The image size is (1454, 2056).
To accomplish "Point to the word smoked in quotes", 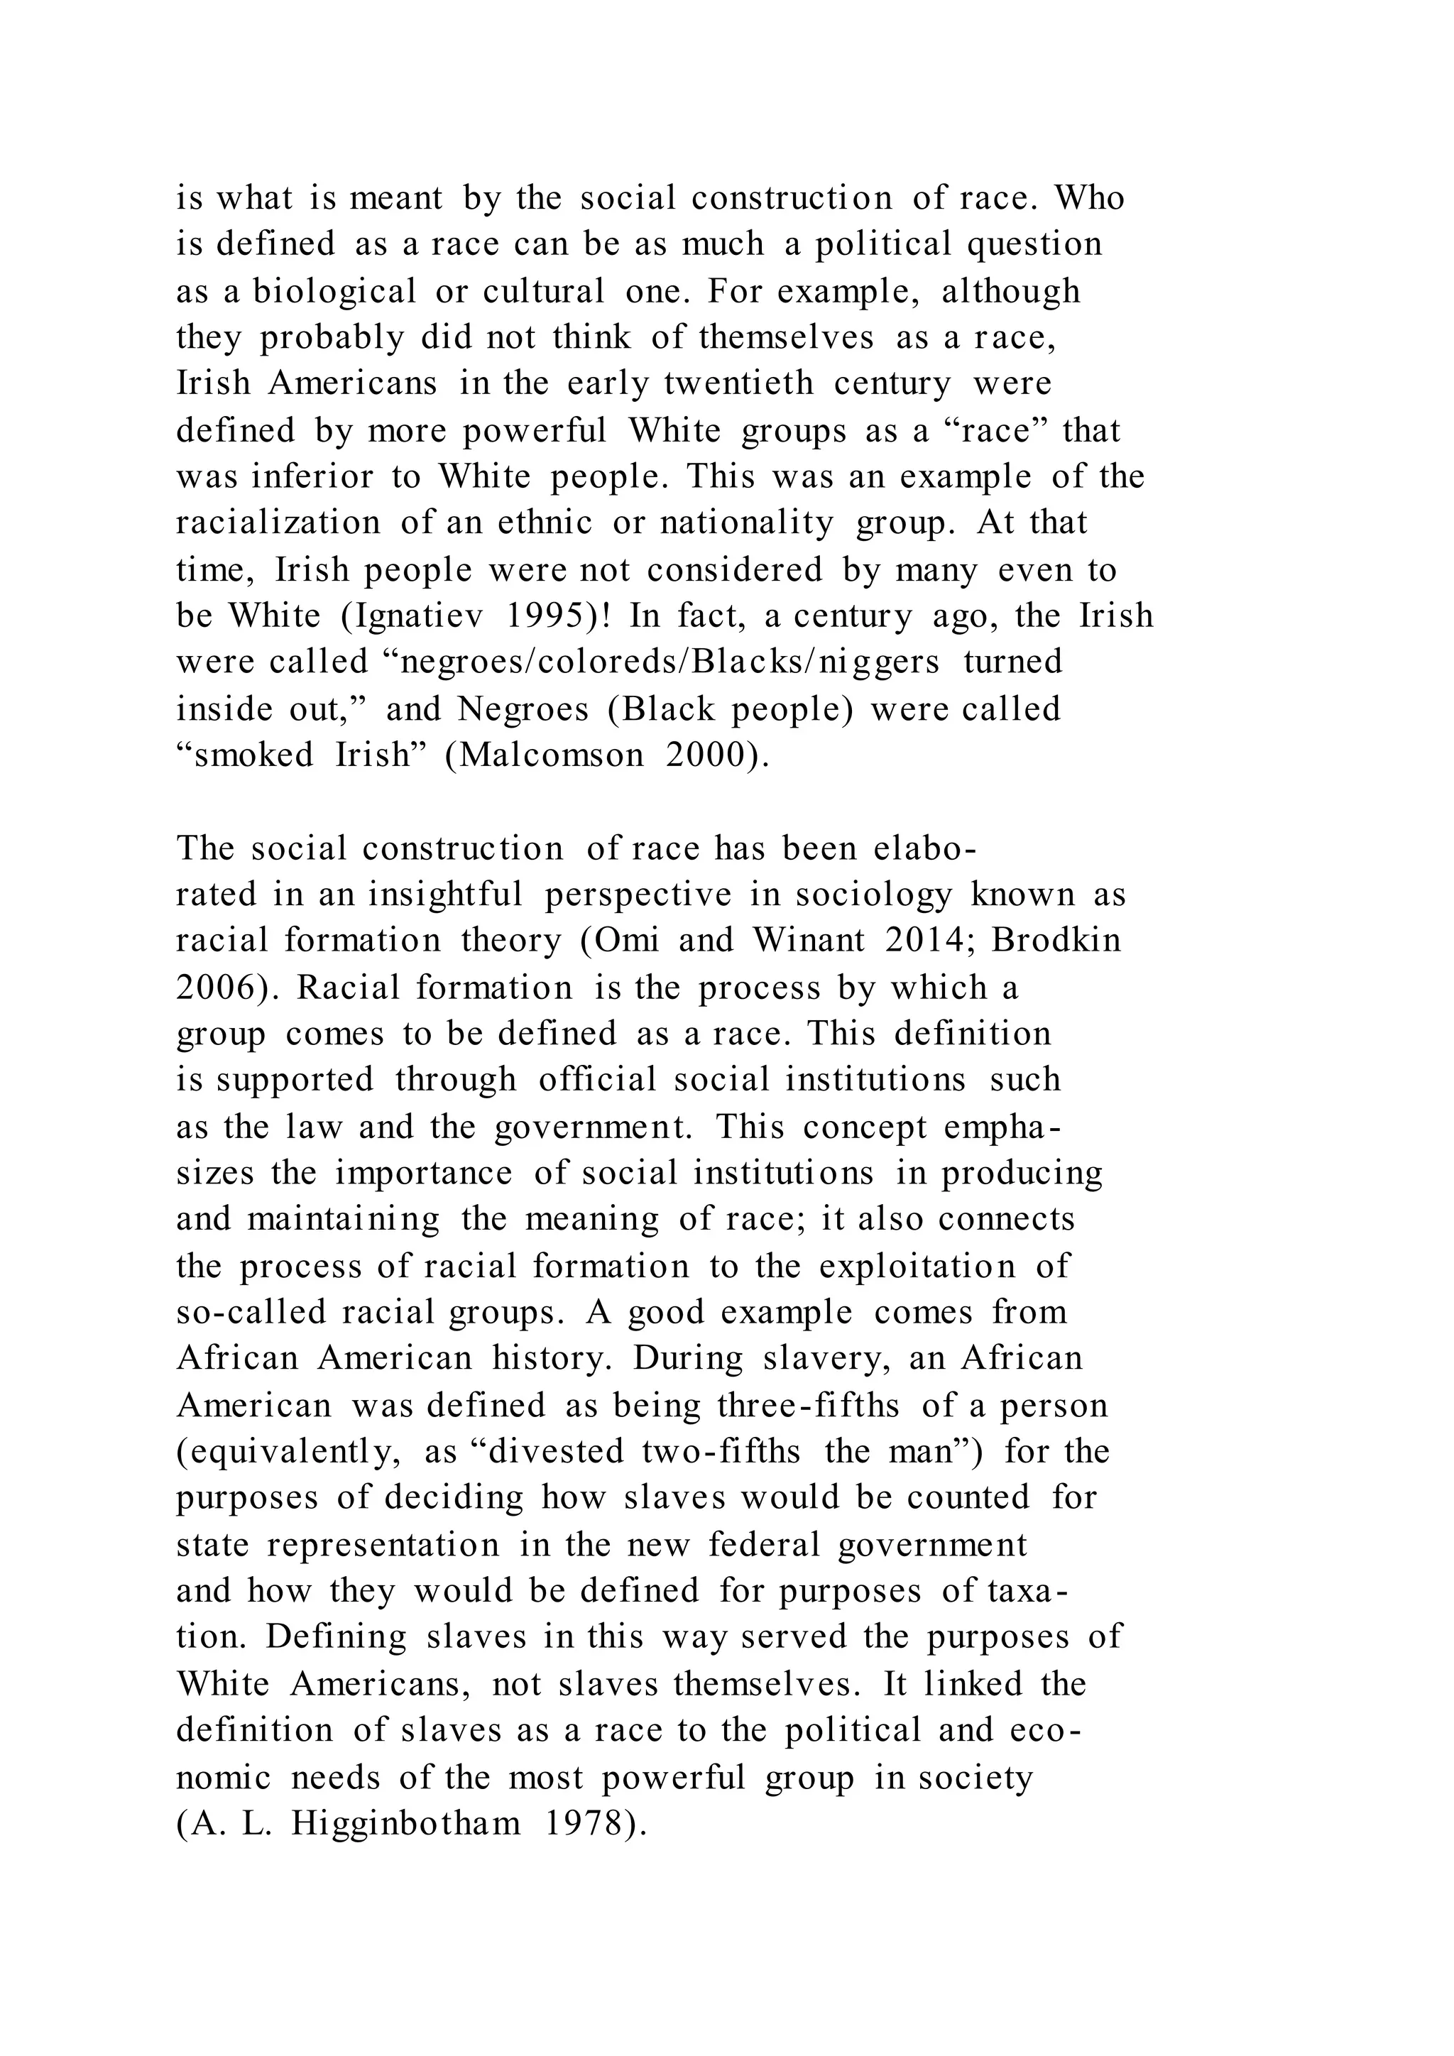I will coord(253,756).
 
